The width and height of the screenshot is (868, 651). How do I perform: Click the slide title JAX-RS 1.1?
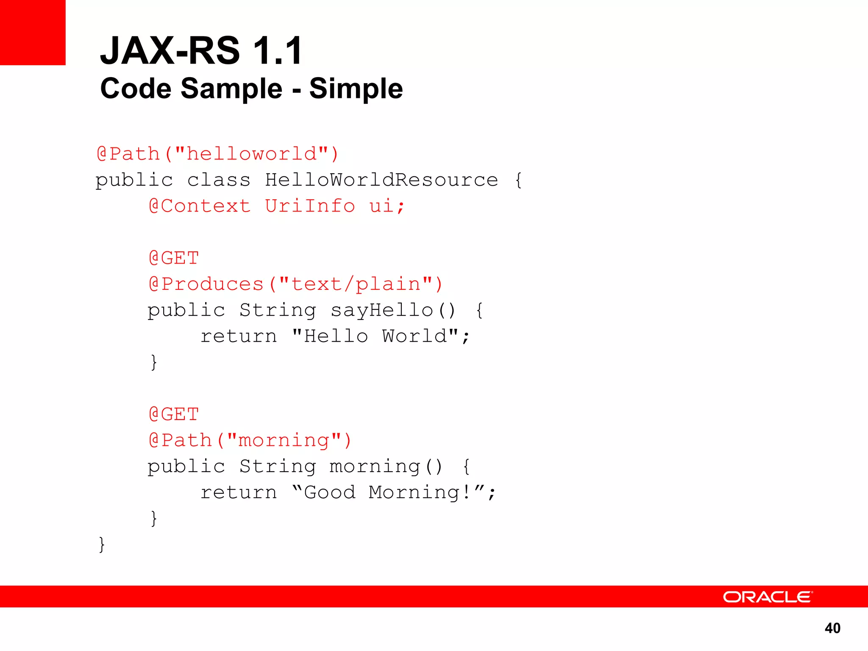201,51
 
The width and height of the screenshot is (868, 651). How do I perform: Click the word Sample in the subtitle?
231,89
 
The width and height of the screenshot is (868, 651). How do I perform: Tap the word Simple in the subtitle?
356,89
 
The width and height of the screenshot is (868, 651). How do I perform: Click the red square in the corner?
33,32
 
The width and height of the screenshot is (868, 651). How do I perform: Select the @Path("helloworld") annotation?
217,154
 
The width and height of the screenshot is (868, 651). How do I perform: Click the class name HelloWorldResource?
381,180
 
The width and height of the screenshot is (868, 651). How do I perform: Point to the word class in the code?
219,180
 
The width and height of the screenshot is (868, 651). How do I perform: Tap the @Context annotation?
200,206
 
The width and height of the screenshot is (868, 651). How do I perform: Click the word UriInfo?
310,206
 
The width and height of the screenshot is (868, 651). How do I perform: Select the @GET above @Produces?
174,258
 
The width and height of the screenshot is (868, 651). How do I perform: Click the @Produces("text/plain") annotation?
295,284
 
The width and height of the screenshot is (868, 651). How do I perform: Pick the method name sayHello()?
392,310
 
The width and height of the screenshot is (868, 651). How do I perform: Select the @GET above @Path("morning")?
174,414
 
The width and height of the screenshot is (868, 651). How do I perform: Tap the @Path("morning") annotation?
250,440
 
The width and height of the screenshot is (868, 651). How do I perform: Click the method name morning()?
386,467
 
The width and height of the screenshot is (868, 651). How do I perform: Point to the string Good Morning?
388,492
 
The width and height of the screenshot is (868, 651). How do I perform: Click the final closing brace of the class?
102,544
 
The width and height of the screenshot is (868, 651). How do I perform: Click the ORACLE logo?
767,597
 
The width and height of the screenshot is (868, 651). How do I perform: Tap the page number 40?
832,628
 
